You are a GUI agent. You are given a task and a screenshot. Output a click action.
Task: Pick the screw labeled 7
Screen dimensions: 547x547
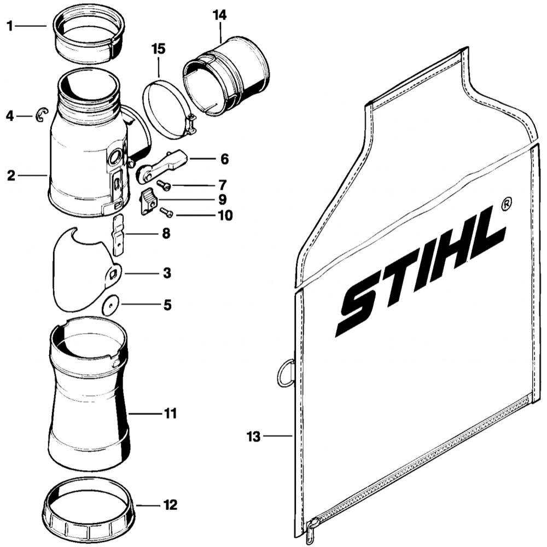point(164,185)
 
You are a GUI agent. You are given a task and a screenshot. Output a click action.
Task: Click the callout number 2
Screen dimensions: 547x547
point(11,176)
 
